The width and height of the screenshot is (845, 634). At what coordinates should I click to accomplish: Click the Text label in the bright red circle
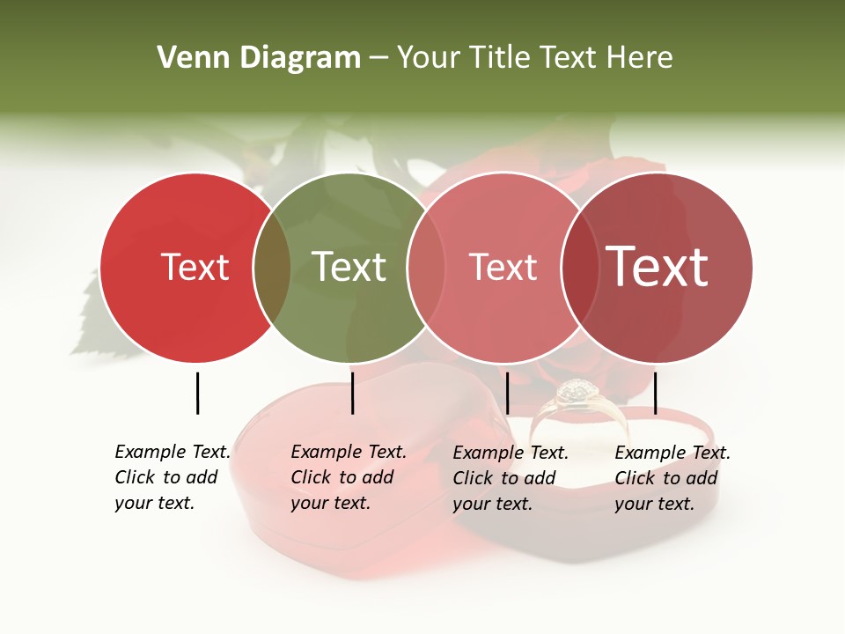pyautogui.click(x=195, y=267)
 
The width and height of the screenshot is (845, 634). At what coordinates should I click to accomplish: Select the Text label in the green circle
pyautogui.click(x=349, y=267)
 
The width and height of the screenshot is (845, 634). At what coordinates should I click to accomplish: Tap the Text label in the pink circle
pyautogui.click(x=503, y=267)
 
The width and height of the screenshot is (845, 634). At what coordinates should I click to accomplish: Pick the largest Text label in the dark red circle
pyautogui.click(x=657, y=267)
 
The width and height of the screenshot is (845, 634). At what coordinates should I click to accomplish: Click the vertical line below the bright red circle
pyautogui.click(x=197, y=393)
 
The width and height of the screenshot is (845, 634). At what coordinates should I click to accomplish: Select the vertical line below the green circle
pyautogui.click(x=352, y=393)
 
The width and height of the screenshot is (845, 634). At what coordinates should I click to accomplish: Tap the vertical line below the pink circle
pyautogui.click(x=507, y=393)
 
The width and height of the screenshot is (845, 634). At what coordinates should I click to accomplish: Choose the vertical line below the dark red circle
pyautogui.click(x=655, y=393)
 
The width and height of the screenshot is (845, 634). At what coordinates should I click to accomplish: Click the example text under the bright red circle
pyautogui.click(x=172, y=478)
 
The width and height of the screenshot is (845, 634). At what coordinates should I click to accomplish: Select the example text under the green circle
pyautogui.click(x=348, y=478)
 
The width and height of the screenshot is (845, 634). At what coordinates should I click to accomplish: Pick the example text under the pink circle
pyautogui.click(x=510, y=478)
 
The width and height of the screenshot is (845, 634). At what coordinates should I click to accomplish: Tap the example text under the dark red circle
pyautogui.click(x=672, y=478)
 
